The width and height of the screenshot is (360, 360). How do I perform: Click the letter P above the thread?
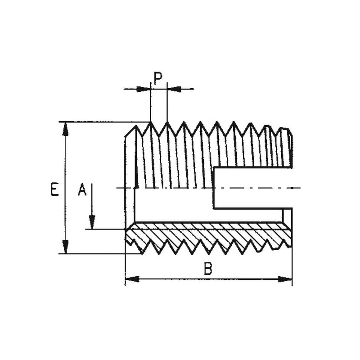[158, 78]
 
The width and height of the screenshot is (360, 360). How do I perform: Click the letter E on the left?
[54, 189]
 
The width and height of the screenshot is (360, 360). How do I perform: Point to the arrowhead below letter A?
[92, 222]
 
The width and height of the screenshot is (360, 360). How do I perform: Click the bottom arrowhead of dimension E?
[66, 247]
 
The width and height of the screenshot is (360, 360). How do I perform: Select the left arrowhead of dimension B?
[132, 279]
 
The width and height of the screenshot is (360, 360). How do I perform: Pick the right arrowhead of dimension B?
[285, 279]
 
